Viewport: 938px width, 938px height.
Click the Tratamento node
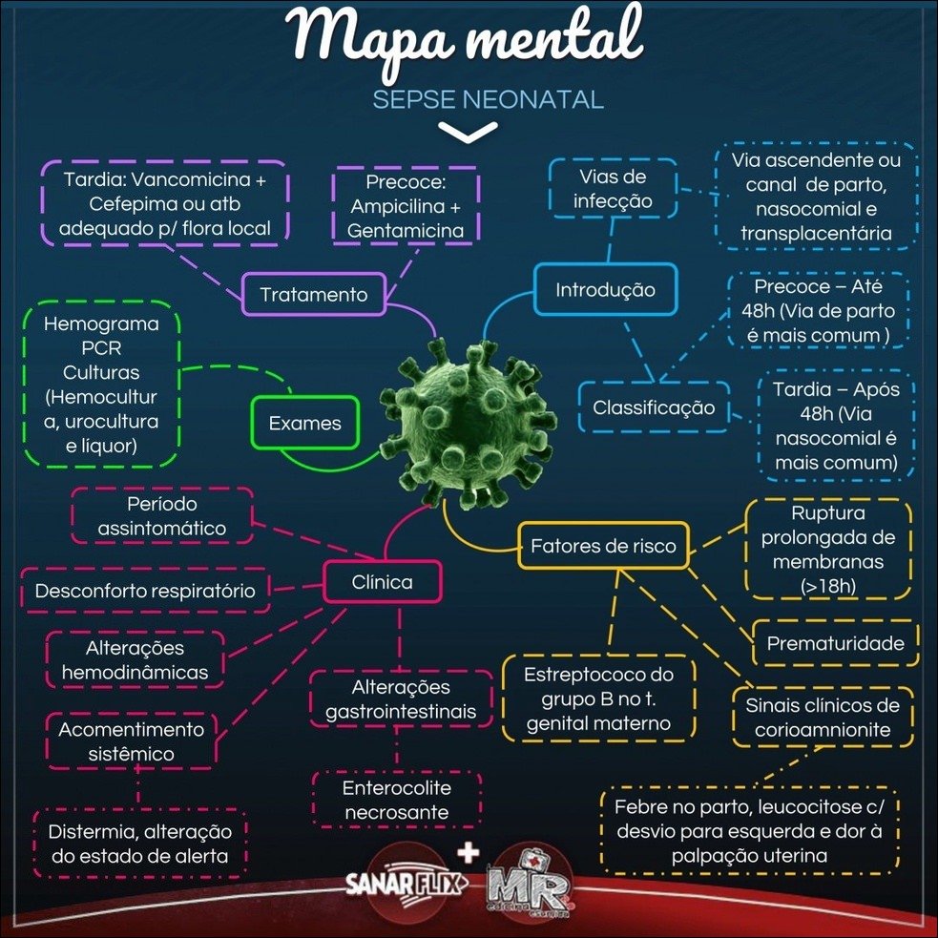click(x=313, y=294)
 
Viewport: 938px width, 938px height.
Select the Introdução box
click(x=606, y=289)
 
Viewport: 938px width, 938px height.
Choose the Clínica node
click(x=382, y=581)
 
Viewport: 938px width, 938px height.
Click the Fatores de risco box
click(x=603, y=546)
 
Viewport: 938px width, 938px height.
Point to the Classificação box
click(x=654, y=407)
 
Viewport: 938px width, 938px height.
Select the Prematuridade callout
click(x=835, y=643)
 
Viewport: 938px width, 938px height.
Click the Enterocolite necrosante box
click(x=397, y=801)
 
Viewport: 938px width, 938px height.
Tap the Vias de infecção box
click(x=613, y=189)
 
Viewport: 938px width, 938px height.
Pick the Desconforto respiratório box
click(x=145, y=591)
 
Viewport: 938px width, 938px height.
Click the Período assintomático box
click(x=162, y=515)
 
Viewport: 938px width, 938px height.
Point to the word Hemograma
click(x=101, y=323)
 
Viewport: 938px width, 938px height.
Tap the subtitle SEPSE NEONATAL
click(x=488, y=100)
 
